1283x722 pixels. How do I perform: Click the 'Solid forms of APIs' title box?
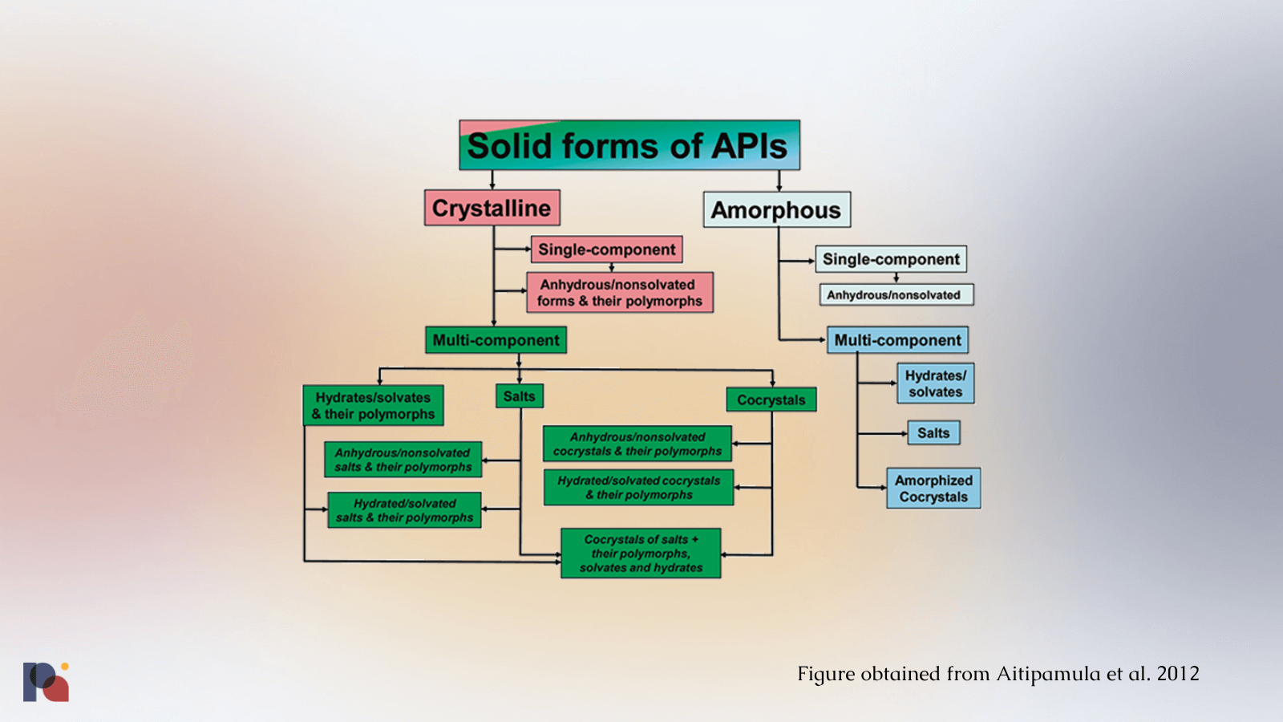(x=629, y=145)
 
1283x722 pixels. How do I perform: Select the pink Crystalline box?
(x=492, y=208)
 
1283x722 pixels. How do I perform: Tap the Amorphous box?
(x=776, y=209)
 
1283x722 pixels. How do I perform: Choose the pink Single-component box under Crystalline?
(x=606, y=249)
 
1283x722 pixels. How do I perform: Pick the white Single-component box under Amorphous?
(x=891, y=259)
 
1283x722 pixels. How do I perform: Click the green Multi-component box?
(x=496, y=340)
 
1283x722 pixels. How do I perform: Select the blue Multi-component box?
(x=897, y=340)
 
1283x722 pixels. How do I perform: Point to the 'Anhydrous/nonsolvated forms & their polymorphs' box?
(x=619, y=293)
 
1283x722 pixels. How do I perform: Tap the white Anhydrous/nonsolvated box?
(x=895, y=295)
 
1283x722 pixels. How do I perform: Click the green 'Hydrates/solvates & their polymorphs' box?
(x=373, y=405)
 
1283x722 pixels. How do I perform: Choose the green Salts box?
(x=519, y=396)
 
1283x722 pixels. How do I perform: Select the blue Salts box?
(x=933, y=433)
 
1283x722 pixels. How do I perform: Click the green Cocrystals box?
(x=771, y=400)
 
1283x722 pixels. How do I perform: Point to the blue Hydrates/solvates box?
(x=935, y=383)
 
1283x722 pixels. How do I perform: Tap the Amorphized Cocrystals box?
(x=933, y=489)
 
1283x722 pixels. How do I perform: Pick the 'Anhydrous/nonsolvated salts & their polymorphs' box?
(x=403, y=460)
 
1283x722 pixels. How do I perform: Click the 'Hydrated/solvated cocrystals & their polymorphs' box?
(x=638, y=488)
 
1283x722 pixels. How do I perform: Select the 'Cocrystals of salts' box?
(x=641, y=554)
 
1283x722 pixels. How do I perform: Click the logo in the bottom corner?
(x=46, y=682)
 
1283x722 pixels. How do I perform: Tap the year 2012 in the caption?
(x=1177, y=674)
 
